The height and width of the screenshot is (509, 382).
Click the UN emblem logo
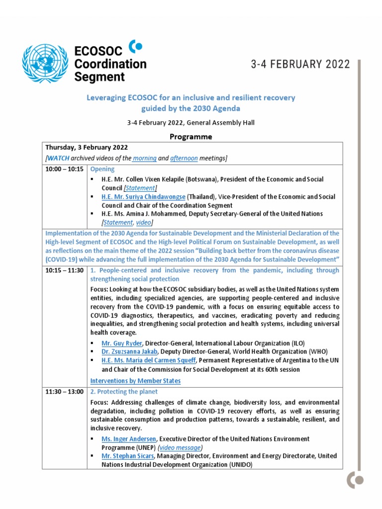(44, 64)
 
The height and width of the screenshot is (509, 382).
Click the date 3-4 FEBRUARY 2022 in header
(299, 64)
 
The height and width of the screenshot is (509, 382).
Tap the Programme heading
(191, 136)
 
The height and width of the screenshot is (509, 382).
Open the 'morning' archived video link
(144, 158)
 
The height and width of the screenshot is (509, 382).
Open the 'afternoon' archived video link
(184, 158)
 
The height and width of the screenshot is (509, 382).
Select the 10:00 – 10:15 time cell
(65, 170)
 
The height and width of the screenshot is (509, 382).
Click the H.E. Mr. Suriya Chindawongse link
(143, 197)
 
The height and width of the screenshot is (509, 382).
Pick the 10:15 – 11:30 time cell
(65, 270)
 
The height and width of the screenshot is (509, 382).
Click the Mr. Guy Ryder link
(122, 343)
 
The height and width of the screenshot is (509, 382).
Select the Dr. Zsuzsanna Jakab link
(126, 351)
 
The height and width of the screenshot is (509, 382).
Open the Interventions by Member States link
(135, 381)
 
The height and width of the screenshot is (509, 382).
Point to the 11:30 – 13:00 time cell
(65, 392)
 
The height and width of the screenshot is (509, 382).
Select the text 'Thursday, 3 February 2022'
(87, 148)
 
